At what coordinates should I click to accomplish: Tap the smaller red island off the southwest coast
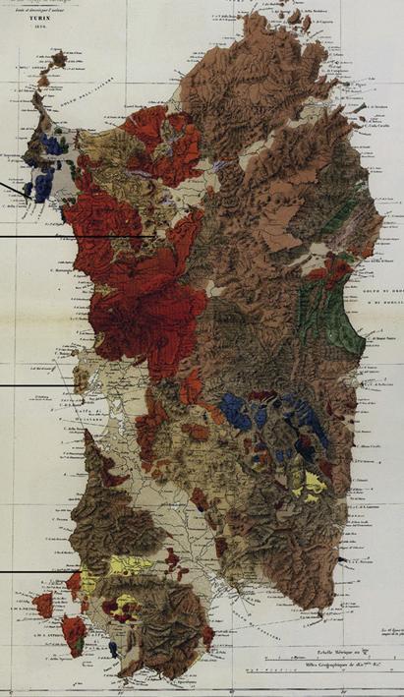(x=43, y=605)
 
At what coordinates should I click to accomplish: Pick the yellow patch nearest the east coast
(x=314, y=481)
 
